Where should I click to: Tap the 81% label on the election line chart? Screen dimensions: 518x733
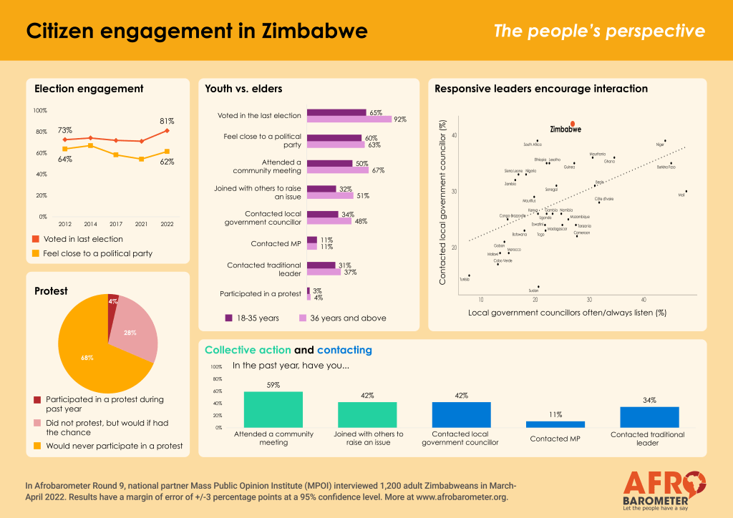[x=165, y=121]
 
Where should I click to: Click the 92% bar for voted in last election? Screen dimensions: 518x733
[x=349, y=119]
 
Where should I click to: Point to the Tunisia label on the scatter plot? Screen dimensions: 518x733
[x=465, y=280]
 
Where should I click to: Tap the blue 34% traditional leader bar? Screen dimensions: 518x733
[x=649, y=417]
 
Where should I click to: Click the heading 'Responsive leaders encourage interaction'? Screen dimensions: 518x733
[x=541, y=89]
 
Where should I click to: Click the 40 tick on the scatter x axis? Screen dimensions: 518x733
[x=644, y=299]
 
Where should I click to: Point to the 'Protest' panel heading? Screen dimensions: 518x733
[x=51, y=291]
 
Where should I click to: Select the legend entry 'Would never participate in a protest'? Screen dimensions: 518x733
[x=114, y=446]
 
